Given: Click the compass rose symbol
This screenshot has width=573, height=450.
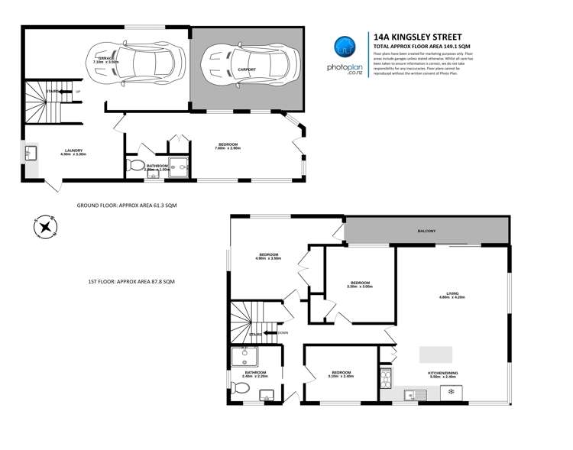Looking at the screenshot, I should [45, 226].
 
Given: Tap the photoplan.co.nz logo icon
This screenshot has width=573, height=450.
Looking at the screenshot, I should [345, 47].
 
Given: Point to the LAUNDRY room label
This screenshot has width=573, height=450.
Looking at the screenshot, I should [74, 151].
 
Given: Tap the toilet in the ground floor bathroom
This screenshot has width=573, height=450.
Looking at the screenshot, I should [136, 166].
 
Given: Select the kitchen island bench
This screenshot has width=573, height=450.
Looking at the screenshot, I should [436, 354].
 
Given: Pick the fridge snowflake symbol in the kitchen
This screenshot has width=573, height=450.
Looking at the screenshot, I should [451, 393].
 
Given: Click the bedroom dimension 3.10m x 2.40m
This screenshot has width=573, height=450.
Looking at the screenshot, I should [341, 377].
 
